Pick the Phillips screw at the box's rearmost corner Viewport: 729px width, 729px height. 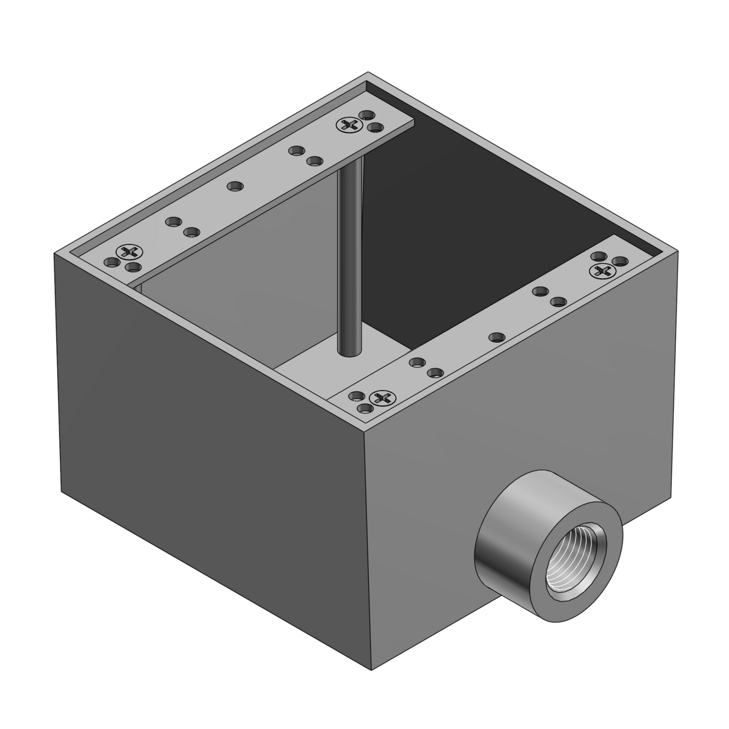pyautogui.click(x=348, y=125)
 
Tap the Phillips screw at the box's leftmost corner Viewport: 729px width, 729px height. pyautogui.click(x=129, y=252)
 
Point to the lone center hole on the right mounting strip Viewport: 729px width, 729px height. pyautogui.click(x=496, y=336)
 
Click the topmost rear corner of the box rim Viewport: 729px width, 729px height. pyautogui.click(x=367, y=73)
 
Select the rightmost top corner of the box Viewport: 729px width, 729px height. pyautogui.click(x=678, y=252)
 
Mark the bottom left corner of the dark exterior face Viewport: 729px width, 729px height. pyautogui.click(x=62, y=491)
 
